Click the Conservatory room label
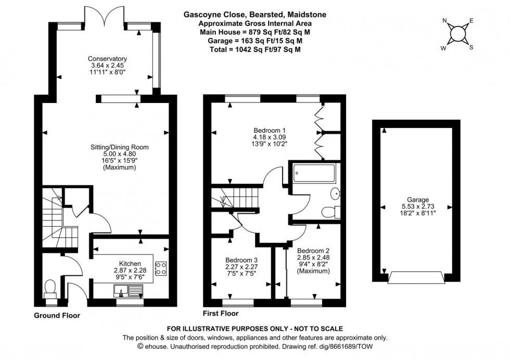(108, 59)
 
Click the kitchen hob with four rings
(161, 268)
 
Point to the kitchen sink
(126, 296)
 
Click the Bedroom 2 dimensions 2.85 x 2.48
(313, 257)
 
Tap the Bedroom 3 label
(241, 260)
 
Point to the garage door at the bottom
(416, 277)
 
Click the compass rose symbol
(457, 34)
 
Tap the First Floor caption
(221, 314)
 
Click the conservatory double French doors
(105, 14)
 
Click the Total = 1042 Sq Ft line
(255, 49)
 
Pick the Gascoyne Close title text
(255, 15)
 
